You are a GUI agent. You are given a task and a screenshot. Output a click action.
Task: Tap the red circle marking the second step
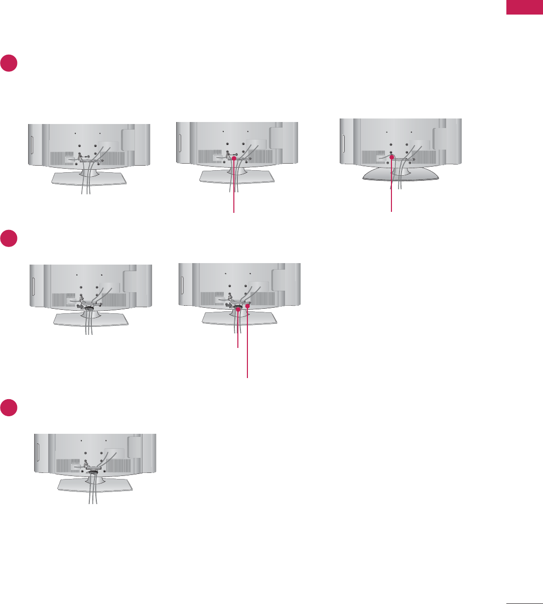coord(9,238)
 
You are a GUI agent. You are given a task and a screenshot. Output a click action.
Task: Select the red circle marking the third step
coord(9,408)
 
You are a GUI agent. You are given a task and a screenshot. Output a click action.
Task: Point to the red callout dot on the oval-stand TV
coord(391,157)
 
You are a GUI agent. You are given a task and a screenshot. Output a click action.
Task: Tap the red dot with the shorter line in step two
coord(238,310)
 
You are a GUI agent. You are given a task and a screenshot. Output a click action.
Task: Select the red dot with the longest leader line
coord(247,306)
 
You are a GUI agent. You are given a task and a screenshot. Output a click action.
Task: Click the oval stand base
coord(400,173)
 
